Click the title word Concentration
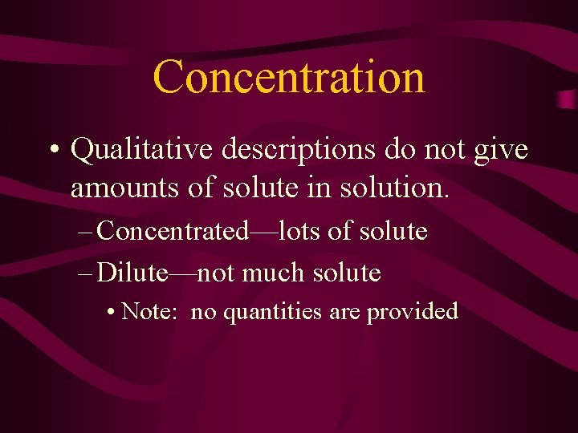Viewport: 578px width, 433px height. [x=289, y=77]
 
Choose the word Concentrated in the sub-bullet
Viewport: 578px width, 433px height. [x=172, y=232]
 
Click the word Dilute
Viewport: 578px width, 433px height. [x=132, y=273]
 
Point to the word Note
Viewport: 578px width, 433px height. [x=150, y=311]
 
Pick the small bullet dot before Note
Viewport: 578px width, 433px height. [x=109, y=312]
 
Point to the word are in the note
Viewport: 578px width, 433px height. [x=345, y=312]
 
